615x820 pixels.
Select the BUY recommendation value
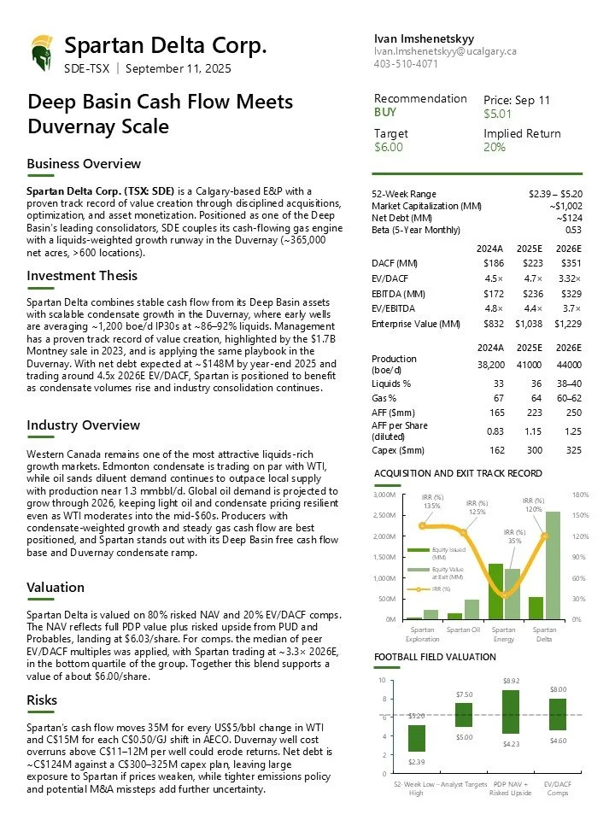[386, 112]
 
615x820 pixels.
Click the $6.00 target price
[388, 147]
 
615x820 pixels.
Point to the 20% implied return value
[495, 147]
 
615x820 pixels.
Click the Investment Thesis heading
[82, 275]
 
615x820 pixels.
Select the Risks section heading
[42, 700]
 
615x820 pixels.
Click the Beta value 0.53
[573, 230]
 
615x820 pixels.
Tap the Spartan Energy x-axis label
[503, 634]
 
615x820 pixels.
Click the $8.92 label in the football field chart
[510, 681]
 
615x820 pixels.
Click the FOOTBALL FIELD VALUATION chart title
[435, 657]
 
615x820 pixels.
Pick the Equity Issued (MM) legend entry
[448, 553]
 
